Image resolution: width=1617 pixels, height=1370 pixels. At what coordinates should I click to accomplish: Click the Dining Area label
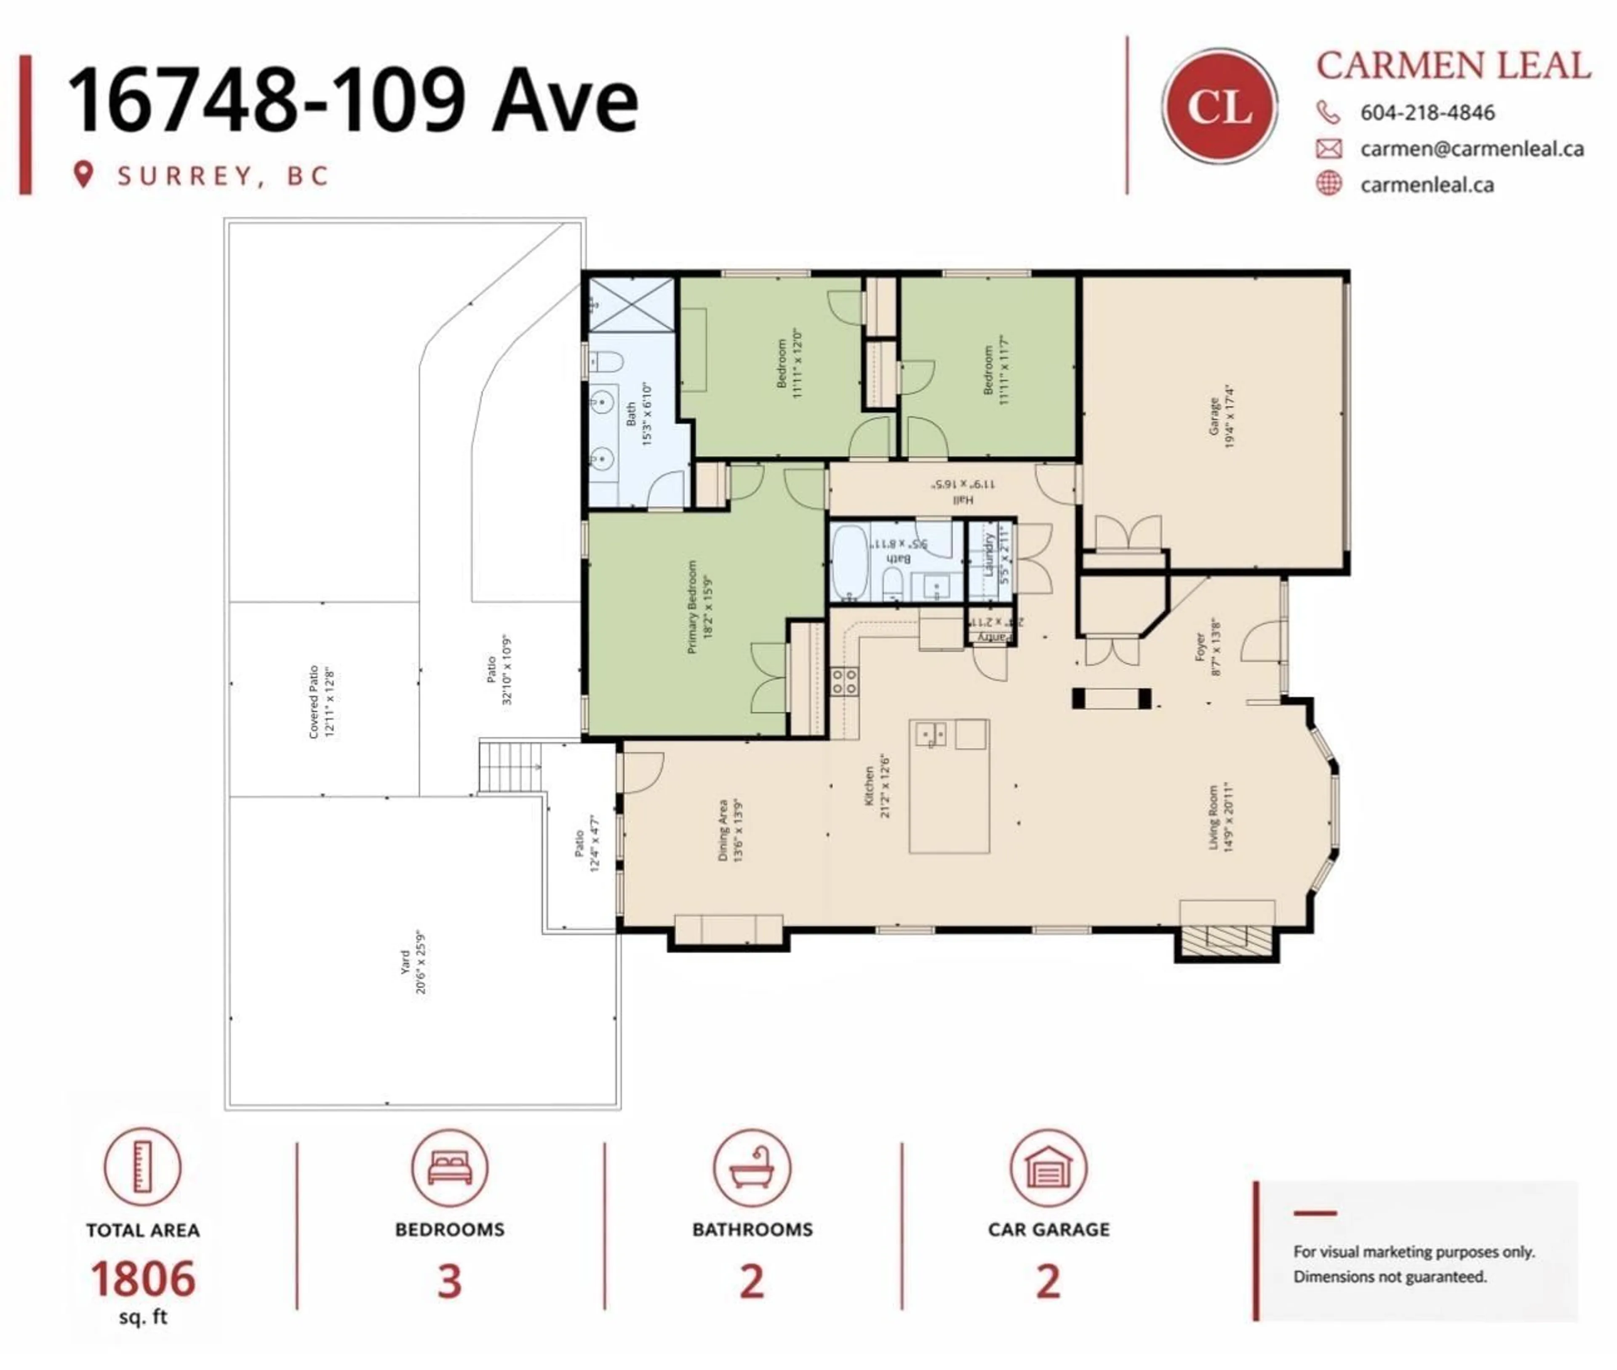[x=730, y=829]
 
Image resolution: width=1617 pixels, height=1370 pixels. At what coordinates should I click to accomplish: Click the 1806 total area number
[x=143, y=1279]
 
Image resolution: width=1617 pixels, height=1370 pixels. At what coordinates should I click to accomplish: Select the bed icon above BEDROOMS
[x=450, y=1167]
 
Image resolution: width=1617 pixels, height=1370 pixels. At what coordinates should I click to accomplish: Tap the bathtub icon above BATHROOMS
[x=752, y=1167]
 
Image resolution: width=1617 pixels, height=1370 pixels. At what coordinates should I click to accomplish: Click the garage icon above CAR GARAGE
[x=1049, y=1167]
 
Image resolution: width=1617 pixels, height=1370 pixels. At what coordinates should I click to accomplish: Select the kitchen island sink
[x=931, y=733]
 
